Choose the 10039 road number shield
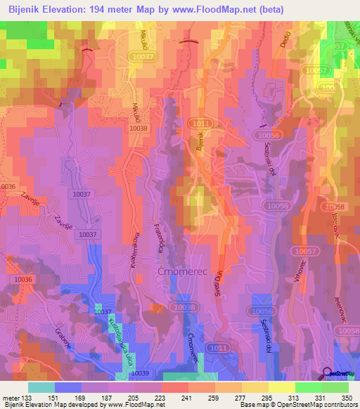(x=141, y=373)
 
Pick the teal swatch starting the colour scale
(x=41, y=387)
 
